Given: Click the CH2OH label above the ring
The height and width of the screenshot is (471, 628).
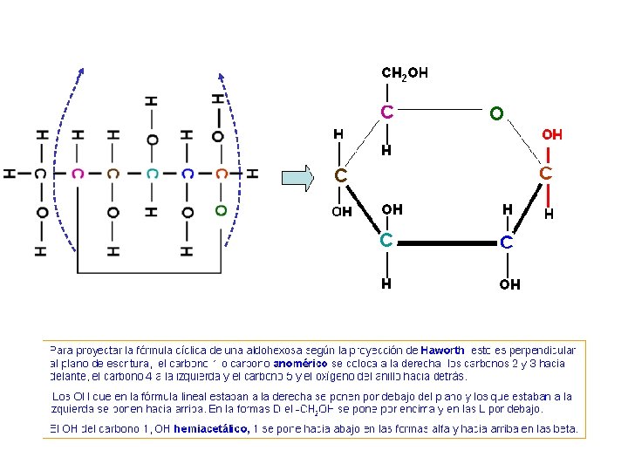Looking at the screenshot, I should click(405, 73).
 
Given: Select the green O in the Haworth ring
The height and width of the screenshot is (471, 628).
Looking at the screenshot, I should click(495, 113).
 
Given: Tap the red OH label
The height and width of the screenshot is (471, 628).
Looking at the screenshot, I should click(552, 134).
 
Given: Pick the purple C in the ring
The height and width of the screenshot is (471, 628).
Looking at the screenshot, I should click(386, 112).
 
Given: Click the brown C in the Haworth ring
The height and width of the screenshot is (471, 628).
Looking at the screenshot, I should click(342, 176).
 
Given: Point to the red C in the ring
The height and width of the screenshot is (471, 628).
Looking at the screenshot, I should click(545, 174).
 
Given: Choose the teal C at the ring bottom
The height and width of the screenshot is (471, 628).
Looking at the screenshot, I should click(386, 240).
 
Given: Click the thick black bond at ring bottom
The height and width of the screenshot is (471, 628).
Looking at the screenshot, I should click(446, 242).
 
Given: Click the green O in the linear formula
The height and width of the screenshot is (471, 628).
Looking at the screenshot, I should click(221, 210).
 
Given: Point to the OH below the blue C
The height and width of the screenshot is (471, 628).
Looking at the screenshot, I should click(509, 284).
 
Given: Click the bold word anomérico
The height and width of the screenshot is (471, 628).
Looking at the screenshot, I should click(300, 363).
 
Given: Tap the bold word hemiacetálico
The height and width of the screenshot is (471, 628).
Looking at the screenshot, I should click(212, 428).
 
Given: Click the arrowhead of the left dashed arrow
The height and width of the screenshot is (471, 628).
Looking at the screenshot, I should click(81, 72).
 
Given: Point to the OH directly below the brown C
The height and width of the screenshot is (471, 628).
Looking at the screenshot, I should click(341, 211).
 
